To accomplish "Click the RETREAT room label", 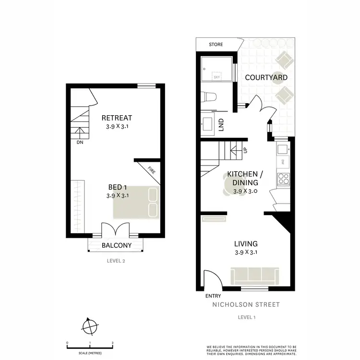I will coord(117,118).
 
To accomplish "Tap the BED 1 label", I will coord(117,187).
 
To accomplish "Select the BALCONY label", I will coord(116,245).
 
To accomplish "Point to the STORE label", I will coord(216,45).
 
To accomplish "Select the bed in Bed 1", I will coord(135,203).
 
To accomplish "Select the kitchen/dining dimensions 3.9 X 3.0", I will coord(246,191).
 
